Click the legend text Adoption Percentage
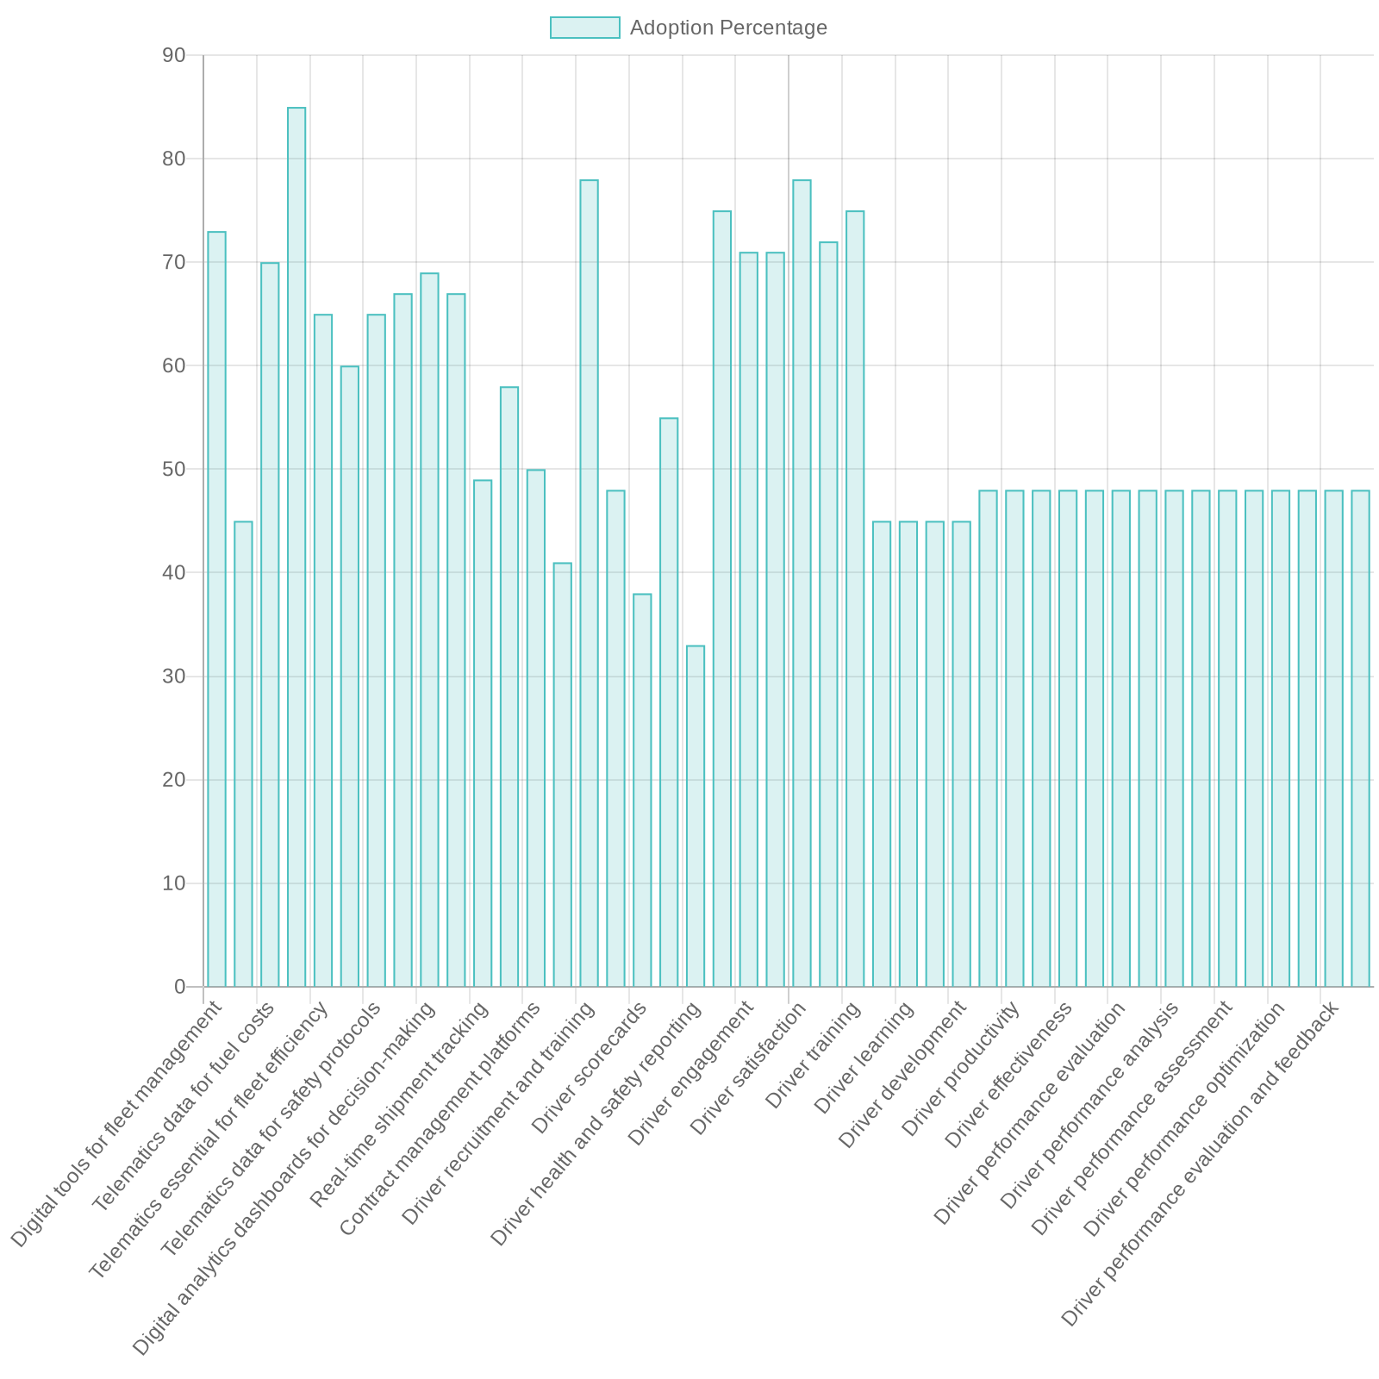[x=728, y=28]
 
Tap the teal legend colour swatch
[x=584, y=28]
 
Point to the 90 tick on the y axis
[x=173, y=56]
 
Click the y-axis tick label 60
[x=173, y=366]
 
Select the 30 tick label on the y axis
[x=173, y=677]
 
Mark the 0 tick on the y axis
[x=179, y=987]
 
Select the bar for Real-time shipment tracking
[x=483, y=733]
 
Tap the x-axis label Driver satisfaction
[x=749, y=1070]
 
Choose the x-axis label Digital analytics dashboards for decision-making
[x=284, y=1180]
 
